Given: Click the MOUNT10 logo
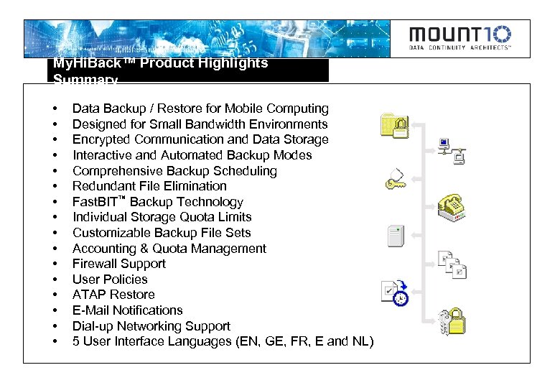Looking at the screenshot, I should click(460, 38).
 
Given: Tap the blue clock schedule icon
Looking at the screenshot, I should click(395, 293).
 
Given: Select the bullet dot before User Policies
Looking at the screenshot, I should click(55, 280).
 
